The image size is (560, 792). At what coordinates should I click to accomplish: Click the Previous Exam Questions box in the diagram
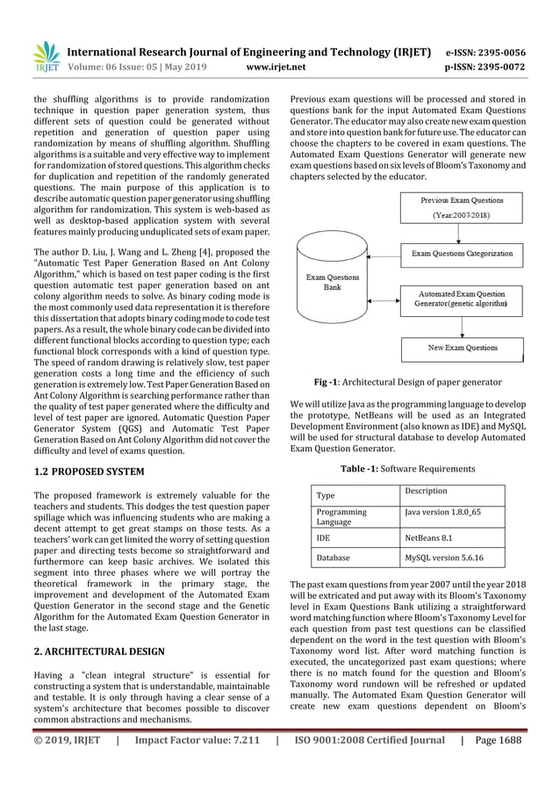pyautogui.click(x=462, y=207)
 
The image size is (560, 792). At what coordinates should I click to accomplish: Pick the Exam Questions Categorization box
pyautogui.click(x=462, y=253)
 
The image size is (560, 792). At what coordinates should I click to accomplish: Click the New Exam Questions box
pyautogui.click(x=462, y=349)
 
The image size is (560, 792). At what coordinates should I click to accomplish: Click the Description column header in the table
pyautogui.click(x=426, y=491)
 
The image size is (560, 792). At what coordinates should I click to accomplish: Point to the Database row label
pyautogui.click(x=334, y=558)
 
